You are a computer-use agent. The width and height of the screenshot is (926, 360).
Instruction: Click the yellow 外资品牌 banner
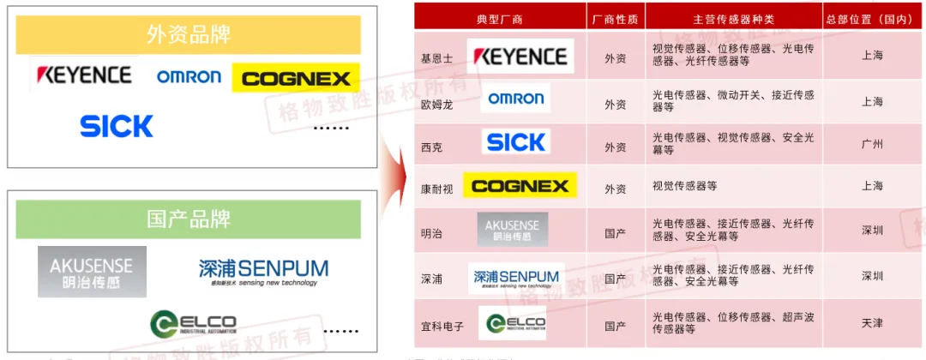tap(189, 35)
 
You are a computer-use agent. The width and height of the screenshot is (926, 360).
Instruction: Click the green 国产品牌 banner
tap(189, 219)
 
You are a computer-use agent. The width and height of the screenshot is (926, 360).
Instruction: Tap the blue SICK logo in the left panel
tap(117, 126)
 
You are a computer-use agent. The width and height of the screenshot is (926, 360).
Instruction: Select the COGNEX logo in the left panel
tap(296, 78)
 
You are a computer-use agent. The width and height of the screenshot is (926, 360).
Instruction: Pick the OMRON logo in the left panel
tap(189, 77)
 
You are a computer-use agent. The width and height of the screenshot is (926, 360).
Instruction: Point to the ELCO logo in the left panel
tap(193, 323)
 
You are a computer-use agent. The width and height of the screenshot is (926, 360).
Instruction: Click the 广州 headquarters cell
tap(872, 144)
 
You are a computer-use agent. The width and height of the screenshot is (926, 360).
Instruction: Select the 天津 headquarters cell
tap(872, 323)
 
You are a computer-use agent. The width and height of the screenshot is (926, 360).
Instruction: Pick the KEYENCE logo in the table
tap(520, 57)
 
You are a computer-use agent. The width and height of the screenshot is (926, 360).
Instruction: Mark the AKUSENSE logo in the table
tap(513, 229)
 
